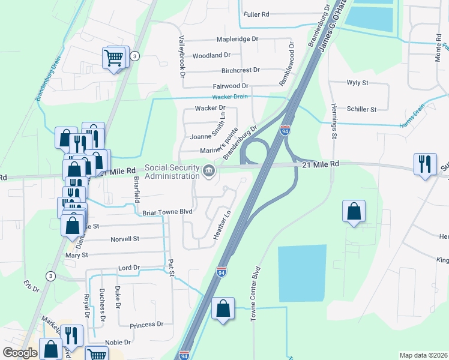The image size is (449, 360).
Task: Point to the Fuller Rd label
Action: [256, 14]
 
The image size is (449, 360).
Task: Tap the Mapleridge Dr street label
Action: [237, 38]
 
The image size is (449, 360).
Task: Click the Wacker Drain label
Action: [231, 97]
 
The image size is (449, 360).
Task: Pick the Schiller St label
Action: [361, 109]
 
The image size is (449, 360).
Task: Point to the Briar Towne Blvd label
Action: [167, 212]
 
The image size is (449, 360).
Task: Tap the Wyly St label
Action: [358, 83]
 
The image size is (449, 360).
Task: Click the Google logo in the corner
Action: [20, 353]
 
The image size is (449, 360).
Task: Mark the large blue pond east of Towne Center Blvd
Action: [302, 273]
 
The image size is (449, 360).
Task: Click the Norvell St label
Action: [124, 239]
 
